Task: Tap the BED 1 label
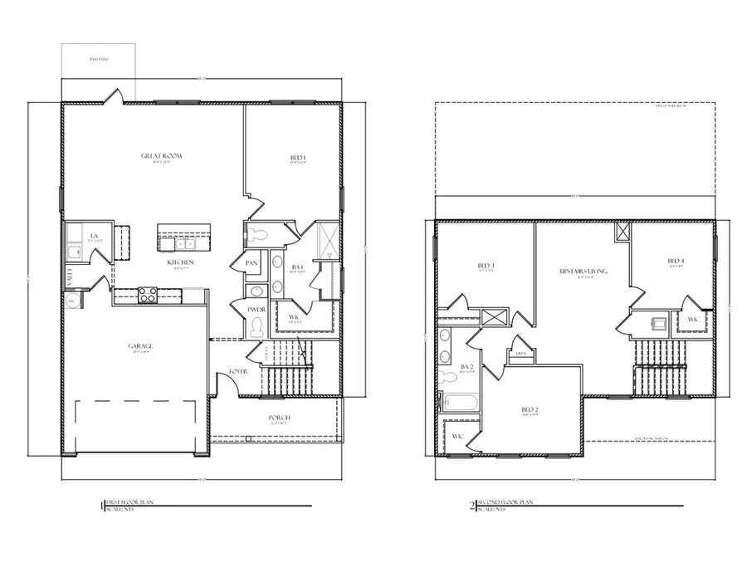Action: coord(298,158)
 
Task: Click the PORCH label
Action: coord(279,418)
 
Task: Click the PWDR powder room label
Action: coord(256,310)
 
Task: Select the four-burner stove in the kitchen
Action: coord(148,294)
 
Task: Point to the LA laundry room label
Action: coord(95,237)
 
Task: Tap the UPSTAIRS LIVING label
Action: coord(583,271)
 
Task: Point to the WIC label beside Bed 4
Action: coord(693,319)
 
